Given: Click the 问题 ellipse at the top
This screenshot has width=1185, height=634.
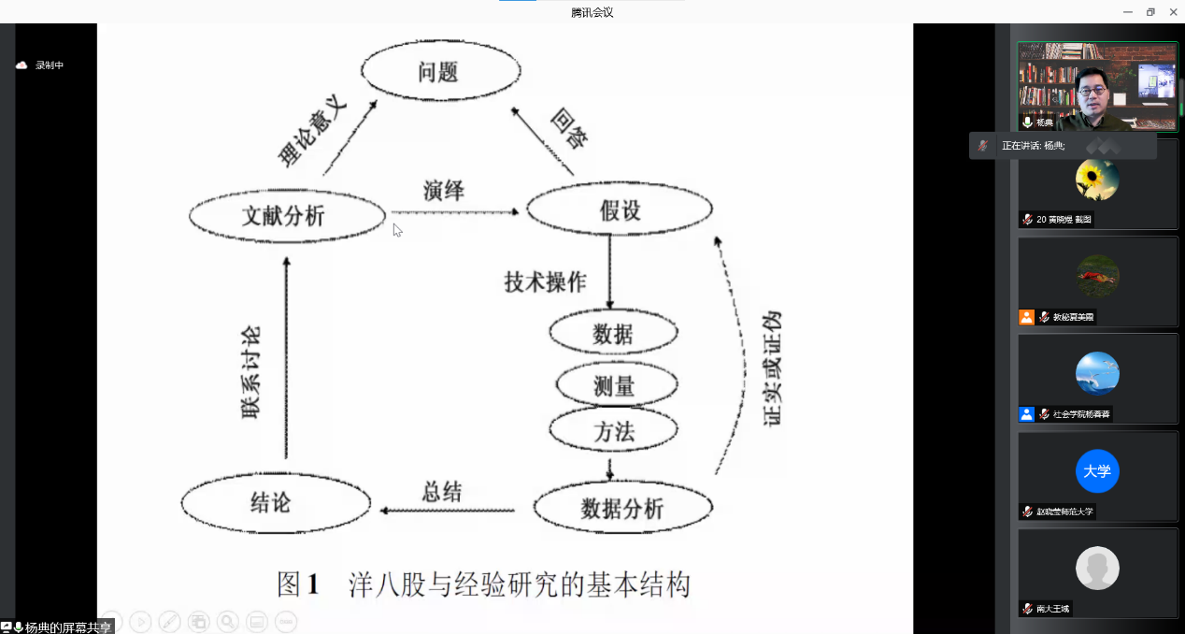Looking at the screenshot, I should (x=440, y=72).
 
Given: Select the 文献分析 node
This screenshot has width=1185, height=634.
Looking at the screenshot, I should (x=287, y=216).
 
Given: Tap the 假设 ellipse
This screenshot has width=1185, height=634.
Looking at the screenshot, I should (x=620, y=209).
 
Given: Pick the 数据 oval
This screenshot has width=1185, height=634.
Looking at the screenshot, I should (x=613, y=334).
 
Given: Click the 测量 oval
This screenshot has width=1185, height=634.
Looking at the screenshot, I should (x=615, y=383).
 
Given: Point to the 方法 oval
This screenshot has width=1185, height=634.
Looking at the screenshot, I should (x=614, y=430).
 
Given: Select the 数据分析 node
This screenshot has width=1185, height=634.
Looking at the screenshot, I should (x=622, y=508).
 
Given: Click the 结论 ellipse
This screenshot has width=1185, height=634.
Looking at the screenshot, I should (x=271, y=503).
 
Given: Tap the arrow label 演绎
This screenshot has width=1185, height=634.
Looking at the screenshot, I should (x=443, y=190).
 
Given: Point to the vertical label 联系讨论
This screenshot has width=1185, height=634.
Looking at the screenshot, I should (x=250, y=371).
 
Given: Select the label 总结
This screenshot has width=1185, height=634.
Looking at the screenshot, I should (x=442, y=491).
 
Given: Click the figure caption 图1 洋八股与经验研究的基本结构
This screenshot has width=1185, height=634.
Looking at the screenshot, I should (x=483, y=584).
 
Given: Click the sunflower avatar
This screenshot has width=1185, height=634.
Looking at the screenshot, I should (x=1097, y=179).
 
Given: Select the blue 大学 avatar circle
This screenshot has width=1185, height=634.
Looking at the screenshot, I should (x=1097, y=471).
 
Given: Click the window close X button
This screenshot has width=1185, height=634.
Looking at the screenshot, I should (x=1173, y=11).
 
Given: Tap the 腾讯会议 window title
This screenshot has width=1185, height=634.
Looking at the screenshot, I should (x=592, y=12).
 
